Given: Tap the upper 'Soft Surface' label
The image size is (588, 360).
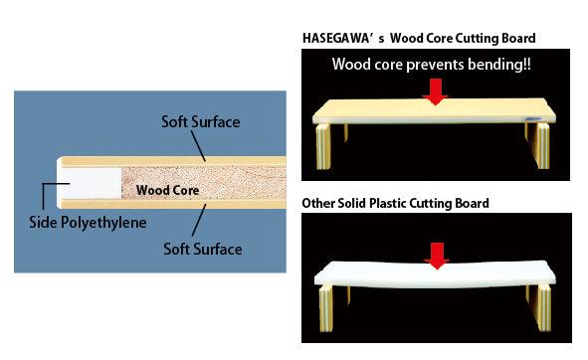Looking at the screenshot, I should [201, 121].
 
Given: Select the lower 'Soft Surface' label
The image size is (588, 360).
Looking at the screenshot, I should [202, 249].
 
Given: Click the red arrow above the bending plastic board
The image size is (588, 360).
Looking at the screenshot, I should [435, 257].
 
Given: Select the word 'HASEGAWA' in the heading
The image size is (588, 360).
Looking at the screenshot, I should [337, 39].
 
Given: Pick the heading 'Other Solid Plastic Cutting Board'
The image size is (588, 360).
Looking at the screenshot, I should [395, 204].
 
